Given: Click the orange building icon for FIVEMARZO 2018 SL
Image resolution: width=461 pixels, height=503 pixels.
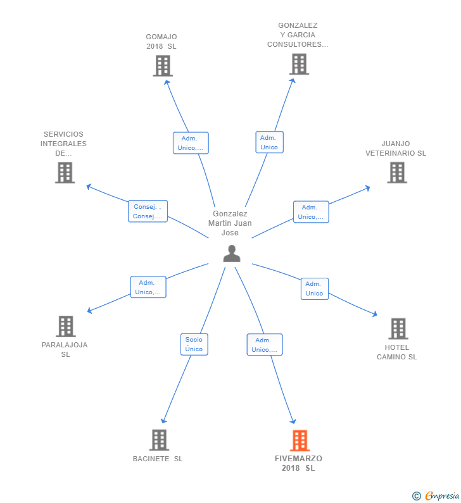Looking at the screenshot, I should [x=300, y=440].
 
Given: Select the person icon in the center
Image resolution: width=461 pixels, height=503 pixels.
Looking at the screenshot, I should [x=232, y=253].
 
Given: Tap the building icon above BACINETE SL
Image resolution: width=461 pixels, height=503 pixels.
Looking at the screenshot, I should [x=159, y=440].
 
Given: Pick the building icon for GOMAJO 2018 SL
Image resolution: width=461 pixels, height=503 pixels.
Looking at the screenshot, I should [x=163, y=65].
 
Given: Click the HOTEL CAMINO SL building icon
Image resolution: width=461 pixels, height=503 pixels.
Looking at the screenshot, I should [x=398, y=328].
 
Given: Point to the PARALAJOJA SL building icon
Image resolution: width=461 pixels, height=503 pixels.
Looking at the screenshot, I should [x=65, y=326].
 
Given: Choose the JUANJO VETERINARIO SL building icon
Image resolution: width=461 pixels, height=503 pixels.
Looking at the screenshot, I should [x=397, y=172].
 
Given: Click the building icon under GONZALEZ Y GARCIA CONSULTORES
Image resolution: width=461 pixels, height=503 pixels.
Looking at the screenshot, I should [x=299, y=64].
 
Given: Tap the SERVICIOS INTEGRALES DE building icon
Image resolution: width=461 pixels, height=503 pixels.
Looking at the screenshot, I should [x=65, y=172].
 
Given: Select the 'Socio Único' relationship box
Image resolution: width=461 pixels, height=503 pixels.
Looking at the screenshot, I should [x=194, y=344].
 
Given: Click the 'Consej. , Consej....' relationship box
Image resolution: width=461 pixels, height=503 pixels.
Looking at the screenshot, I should [x=148, y=211].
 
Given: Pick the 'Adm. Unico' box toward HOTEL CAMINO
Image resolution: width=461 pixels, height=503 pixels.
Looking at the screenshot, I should [x=314, y=289].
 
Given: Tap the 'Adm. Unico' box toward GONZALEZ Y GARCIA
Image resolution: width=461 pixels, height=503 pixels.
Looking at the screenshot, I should [x=269, y=142].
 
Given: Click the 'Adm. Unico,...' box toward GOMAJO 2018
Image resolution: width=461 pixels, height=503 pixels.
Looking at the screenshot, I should [x=191, y=143].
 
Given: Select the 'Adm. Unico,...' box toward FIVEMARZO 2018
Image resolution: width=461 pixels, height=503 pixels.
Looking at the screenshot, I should [x=264, y=345].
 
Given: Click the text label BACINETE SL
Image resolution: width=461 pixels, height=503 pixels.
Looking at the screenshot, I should [x=158, y=459].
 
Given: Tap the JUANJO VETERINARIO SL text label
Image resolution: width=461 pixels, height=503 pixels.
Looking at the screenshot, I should [x=396, y=148].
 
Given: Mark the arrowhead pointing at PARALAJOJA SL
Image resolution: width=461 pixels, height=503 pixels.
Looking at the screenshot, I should [x=89, y=311].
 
